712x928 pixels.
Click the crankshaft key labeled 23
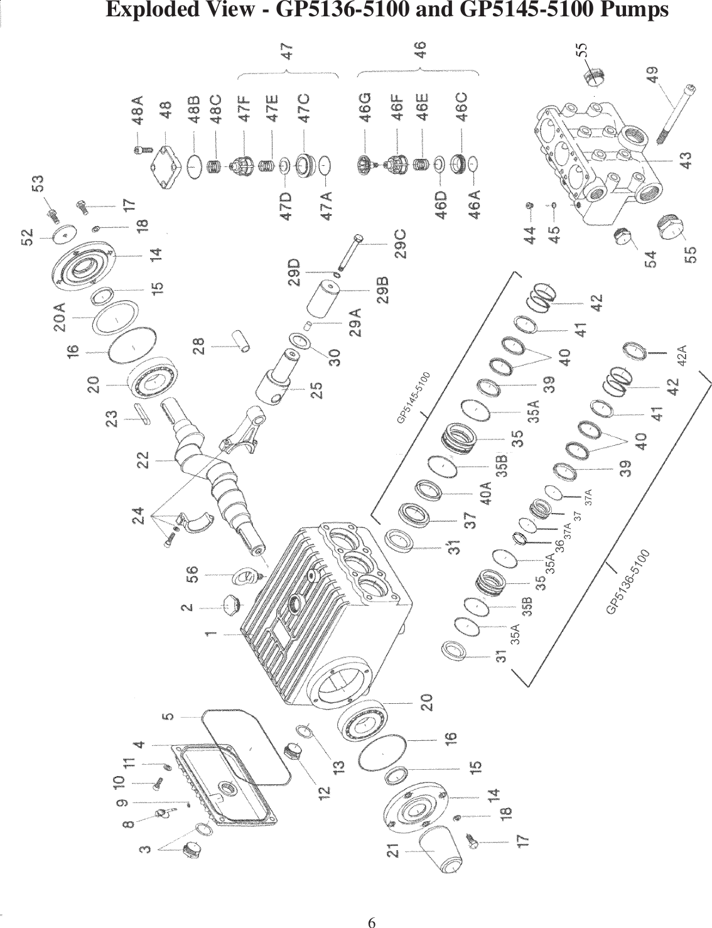tap(141, 415)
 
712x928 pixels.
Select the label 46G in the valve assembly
tap(365, 106)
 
